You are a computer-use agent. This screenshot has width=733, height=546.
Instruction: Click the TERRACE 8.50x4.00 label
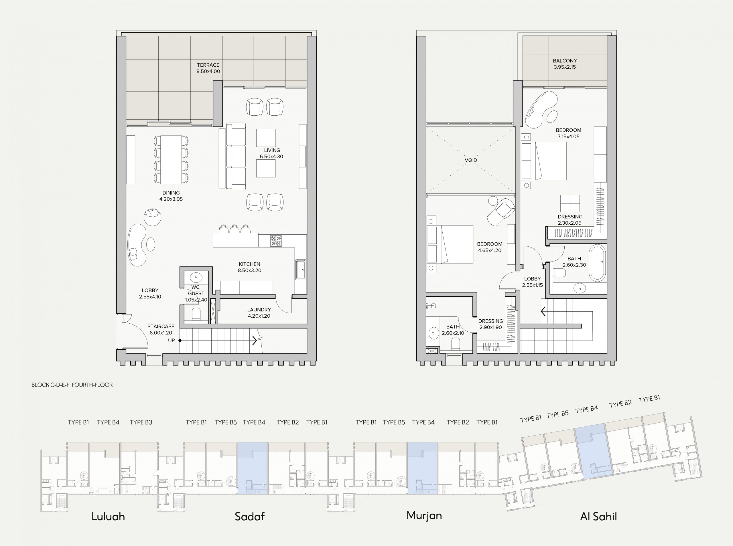[208, 68]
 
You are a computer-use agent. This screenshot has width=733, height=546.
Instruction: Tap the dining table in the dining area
[171, 159]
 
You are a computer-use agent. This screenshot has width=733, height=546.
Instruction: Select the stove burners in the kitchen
[276, 241]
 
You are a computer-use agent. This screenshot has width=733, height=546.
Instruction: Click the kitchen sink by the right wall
[301, 270]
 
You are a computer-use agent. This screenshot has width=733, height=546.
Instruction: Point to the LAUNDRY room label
[259, 310]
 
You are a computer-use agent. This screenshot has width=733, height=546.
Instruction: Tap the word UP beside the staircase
[171, 341]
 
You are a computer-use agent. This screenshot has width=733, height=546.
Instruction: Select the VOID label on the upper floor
[471, 160]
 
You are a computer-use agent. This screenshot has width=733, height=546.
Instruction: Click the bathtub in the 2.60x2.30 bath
[598, 263]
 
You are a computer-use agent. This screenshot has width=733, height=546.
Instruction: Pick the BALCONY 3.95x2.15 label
[565, 64]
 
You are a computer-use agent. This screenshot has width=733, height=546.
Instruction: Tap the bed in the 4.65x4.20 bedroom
[450, 244]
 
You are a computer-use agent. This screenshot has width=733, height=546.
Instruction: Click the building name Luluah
[108, 516]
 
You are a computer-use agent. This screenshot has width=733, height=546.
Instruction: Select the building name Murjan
[424, 515]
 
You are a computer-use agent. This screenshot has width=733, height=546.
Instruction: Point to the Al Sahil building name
[598, 516]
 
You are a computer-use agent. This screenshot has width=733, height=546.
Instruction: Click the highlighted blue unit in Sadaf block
[253, 469]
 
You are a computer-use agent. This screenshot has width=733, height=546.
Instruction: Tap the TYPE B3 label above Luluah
[141, 422]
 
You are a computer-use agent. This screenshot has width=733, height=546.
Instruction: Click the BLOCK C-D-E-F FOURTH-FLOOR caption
[72, 385]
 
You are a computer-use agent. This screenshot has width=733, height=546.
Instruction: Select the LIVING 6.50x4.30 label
[271, 153]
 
